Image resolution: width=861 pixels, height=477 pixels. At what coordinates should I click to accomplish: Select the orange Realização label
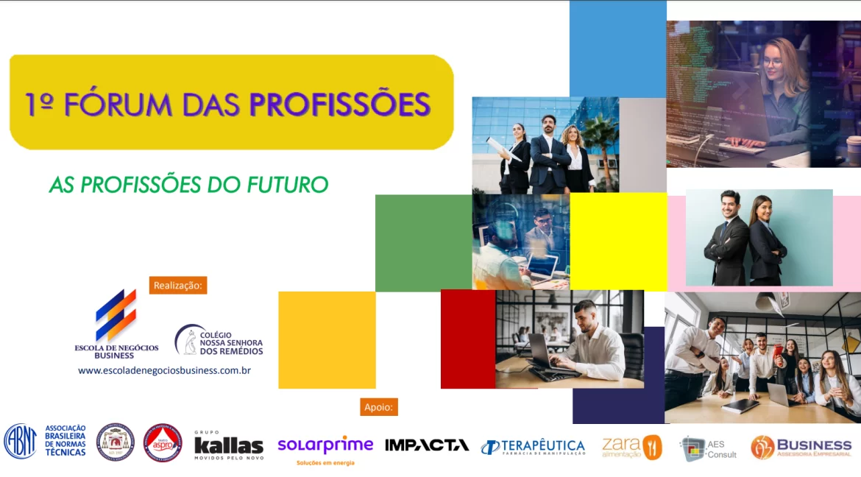click(x=178, y=285)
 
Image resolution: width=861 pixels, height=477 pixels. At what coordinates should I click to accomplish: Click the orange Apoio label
click(x=378, y=406)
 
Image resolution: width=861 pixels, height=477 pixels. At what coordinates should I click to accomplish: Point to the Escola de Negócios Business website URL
click(x=164, y=370)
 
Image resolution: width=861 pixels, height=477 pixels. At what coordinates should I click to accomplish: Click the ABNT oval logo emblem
click(x=20, y=441)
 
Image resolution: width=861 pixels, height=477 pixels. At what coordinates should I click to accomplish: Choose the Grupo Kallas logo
click(x=228, y=445)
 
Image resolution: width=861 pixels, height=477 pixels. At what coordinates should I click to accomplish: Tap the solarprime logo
click(x=325, y=446)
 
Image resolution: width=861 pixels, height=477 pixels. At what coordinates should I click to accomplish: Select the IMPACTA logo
click(x=427, y=445)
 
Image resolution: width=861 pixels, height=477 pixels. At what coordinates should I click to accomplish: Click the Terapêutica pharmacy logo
click(x=533, y=447)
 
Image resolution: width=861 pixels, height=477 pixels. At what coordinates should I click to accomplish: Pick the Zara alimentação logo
click(x=631, y=447)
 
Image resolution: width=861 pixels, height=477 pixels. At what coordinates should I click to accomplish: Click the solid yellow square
click(x=618, y=241)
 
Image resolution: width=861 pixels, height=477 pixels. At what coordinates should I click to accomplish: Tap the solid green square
click(x=423, y=243)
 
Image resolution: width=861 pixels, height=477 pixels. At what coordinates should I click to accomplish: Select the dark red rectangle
click(x=467, y=339)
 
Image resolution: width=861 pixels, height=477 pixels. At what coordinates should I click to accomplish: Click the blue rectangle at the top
click(x=617, y=49)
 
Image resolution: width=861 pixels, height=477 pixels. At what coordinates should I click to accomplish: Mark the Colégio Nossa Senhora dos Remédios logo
click(x=219, y=340)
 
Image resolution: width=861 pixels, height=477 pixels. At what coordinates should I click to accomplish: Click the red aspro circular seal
click(x=163, y=442)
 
